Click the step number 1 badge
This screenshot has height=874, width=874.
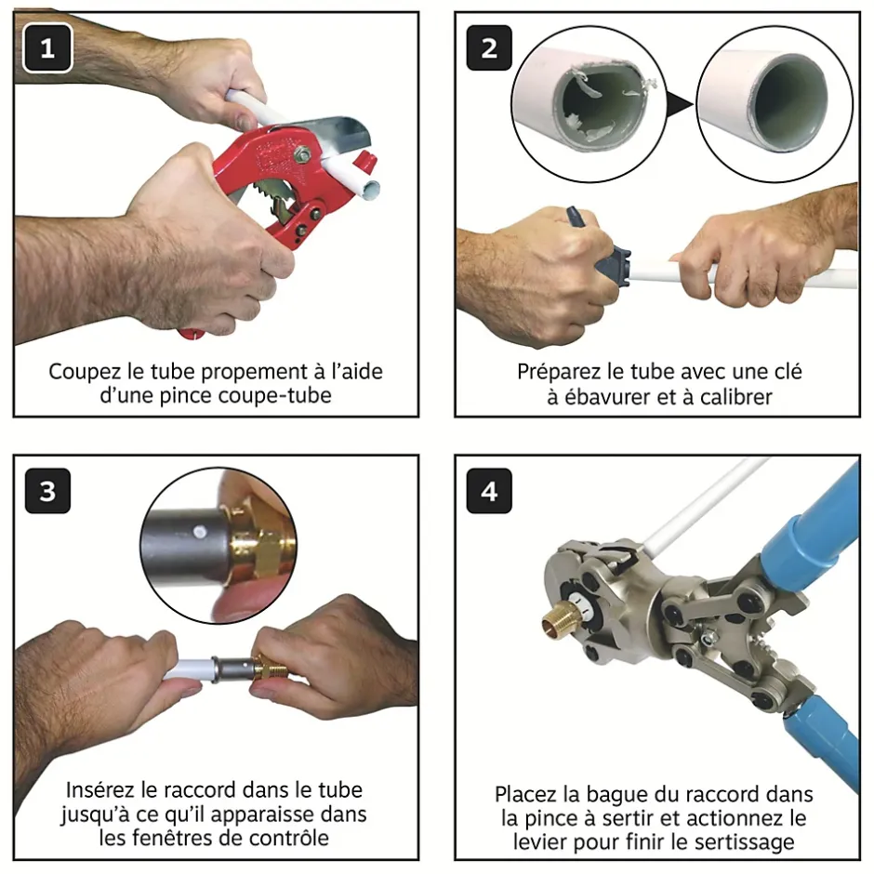(x=47, y=48)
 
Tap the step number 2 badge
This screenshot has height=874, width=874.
(x=489, y=48)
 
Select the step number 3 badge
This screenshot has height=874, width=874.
(x=47, y=491)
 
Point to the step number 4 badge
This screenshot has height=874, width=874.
(x=489, y=491)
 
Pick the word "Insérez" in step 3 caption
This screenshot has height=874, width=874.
(x=101, y=789)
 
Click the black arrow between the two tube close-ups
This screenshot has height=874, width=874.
(x=680, y=104)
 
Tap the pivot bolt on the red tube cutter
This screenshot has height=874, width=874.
(x=303, y=152)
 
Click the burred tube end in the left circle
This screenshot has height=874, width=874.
(x=603, y=107)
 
